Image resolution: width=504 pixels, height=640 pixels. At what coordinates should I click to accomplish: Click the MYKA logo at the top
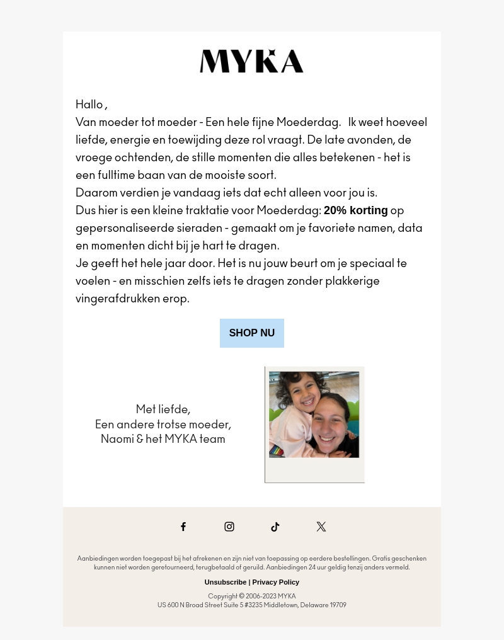point(251,61)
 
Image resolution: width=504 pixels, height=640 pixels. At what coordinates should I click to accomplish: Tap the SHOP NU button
point(251,333)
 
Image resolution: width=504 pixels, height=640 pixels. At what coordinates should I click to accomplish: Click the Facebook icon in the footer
point(183,527)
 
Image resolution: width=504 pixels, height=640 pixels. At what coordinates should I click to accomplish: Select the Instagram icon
point(229,527)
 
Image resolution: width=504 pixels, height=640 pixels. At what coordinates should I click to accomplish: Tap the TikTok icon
point(275,527)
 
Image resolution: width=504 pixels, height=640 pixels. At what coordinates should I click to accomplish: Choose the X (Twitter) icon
point(321,527)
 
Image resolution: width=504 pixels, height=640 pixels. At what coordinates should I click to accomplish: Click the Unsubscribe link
point(225,582)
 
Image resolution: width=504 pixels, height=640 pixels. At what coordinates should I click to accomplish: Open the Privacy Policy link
point(275,582)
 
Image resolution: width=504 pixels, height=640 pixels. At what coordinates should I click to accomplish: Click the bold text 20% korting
point(355,210)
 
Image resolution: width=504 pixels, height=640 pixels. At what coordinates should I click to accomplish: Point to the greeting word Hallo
point(89,105)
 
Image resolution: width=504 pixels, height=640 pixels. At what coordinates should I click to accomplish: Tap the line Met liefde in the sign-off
point(163,409)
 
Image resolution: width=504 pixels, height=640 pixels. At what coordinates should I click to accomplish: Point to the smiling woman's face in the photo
point(333,428)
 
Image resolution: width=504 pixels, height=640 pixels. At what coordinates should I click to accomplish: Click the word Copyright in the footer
point(222,596)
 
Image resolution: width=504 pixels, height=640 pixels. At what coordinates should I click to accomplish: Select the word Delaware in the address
point(314,605)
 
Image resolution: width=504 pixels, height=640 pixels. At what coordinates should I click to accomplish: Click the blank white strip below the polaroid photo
point(314,470)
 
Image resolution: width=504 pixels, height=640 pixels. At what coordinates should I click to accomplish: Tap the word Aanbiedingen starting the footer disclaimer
point(98,559)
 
